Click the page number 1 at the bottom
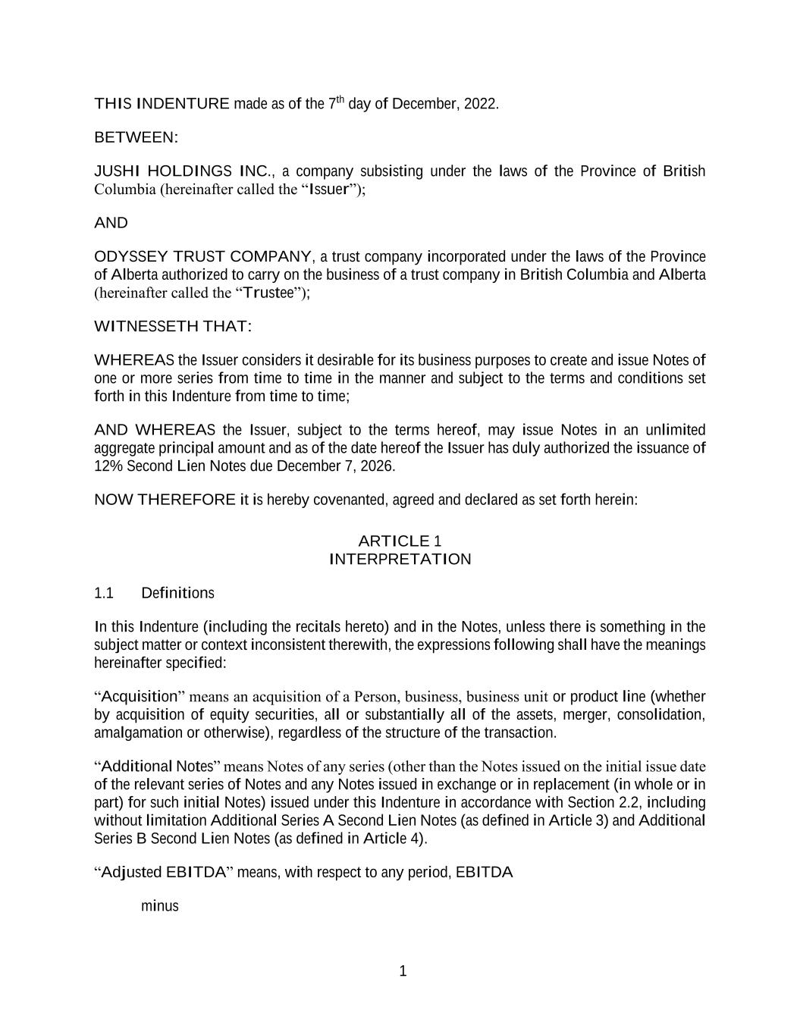pos(403,971)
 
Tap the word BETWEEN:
pos(136,138)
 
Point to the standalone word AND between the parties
pos(111,223)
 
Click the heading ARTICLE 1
pos(400,541)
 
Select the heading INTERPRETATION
pos(400,560)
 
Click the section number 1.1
pos(104,593)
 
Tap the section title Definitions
pos(177,593)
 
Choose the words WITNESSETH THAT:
pos(173,327)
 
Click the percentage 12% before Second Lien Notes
pos(108,466)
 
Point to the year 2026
pos(378,466)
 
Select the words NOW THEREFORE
pos(165,500)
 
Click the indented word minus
pos(159,906)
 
